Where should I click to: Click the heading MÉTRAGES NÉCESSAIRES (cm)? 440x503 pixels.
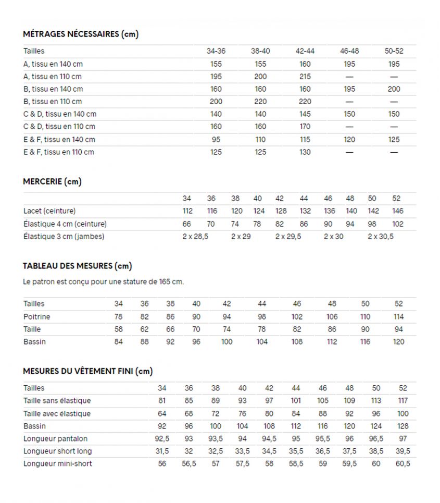[x=81, y=34]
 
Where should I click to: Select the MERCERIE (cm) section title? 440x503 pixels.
[x=52, y=182]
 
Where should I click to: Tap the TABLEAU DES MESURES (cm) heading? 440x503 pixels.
[x=78, y=266]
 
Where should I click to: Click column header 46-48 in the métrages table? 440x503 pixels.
[x=349, y=51]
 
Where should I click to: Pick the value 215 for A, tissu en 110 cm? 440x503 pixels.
[x=305, y=77]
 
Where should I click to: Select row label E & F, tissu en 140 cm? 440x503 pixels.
[x=59, y=140]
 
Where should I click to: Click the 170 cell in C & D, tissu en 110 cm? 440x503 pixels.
[x=305, y=127]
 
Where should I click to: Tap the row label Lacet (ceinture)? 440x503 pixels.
[x=49, y=211]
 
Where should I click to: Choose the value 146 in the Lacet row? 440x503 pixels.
[x=398, y=211]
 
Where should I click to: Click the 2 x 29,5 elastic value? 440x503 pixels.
[x=287, y=237]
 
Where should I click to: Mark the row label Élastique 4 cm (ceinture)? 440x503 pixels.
[x=65, y=224]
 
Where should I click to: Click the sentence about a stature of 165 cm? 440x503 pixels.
[x=104, y=282]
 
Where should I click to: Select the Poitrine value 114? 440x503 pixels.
[x=399, y=317]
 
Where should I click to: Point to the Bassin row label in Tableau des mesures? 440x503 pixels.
[x=34, y=342]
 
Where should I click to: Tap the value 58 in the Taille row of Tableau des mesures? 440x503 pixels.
[x=119, y=329]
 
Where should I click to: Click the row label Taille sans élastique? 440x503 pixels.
[x=57, y=401]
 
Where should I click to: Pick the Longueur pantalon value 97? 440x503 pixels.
[x=403, y=439]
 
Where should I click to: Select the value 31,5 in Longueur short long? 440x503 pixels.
[x=162, y=451]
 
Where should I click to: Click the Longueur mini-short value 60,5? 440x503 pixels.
[x=403, y=464]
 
